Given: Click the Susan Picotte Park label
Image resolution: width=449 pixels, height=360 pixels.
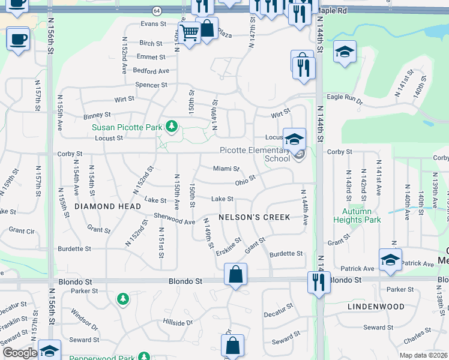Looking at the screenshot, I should pos(127,127).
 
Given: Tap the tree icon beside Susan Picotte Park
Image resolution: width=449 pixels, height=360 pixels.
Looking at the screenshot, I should pos(172,126).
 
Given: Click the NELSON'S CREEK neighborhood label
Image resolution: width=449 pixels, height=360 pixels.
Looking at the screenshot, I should pos(255,217).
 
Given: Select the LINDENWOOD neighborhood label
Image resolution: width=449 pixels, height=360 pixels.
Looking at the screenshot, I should pos(376,306).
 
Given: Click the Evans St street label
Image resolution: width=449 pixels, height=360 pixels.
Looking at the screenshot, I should pos(153,24).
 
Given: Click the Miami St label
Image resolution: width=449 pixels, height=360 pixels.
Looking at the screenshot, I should pos(226,169).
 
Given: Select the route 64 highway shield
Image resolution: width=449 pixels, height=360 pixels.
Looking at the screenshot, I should pos(157,11).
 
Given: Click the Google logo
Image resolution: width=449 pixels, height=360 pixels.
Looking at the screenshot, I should pos(19,353).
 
